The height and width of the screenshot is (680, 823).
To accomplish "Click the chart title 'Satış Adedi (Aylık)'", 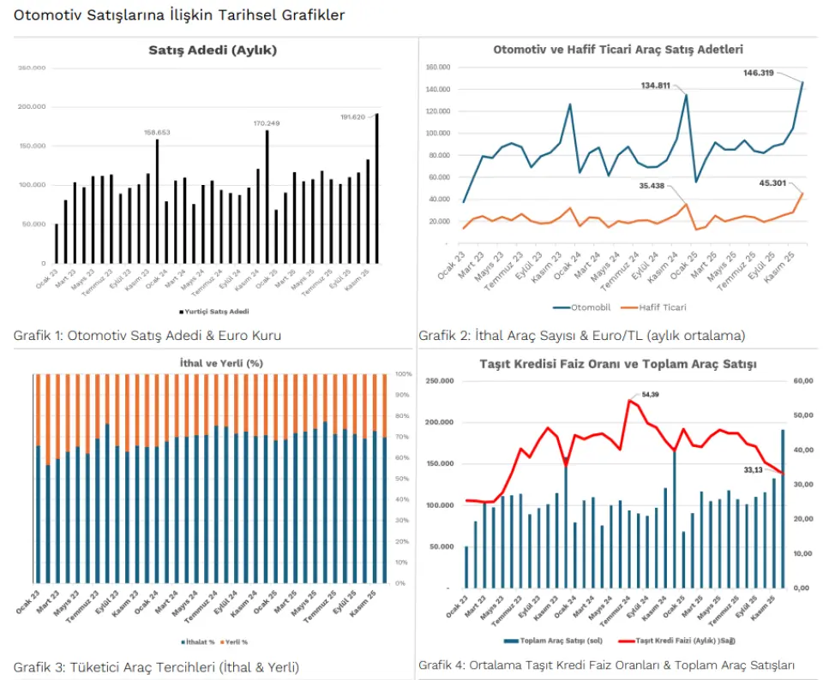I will (213, 51).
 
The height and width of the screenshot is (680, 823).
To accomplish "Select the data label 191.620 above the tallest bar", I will (352, 116).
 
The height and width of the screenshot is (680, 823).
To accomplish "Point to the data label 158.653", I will (157, 133).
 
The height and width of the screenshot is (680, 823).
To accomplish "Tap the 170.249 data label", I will (266, 123).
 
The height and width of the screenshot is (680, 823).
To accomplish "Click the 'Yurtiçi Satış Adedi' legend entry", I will (215, 312).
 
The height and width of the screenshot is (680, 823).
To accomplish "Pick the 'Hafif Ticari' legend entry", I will (660, 307).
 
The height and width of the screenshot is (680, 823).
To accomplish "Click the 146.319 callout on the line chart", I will (759, 73).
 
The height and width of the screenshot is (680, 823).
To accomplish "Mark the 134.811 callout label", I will (656, 85).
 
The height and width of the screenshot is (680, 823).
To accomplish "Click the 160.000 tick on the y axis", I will (437, 67).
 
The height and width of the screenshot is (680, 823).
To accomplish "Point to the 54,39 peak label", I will (651, 394).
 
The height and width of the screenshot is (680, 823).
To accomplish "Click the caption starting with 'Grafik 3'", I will (156, 666).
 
